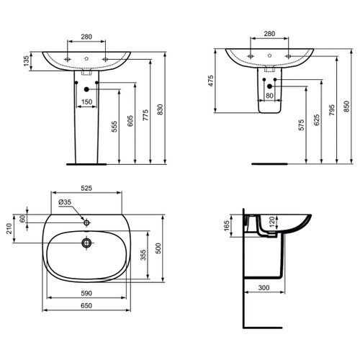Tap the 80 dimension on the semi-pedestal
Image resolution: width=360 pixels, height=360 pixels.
tap(269, 94)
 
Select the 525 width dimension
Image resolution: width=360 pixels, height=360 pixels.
tap(86, 188)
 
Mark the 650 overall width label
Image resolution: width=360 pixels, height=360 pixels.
tap(86, 306)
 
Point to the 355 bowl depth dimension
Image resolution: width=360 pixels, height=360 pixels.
tap(145, 256)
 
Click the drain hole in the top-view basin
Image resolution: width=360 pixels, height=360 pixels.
tap(86, 243)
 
